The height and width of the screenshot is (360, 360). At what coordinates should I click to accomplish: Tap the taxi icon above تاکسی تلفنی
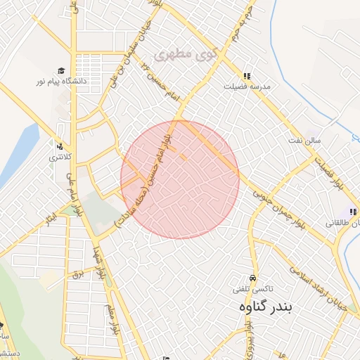253,277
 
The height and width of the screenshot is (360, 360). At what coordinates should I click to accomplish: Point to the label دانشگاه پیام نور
62,82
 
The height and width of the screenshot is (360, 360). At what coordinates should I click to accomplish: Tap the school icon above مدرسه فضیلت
247,76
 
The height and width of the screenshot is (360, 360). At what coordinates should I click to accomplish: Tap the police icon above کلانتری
60,147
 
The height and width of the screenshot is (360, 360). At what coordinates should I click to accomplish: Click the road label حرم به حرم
243,25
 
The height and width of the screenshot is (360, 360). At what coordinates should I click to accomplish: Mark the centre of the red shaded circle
180,180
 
